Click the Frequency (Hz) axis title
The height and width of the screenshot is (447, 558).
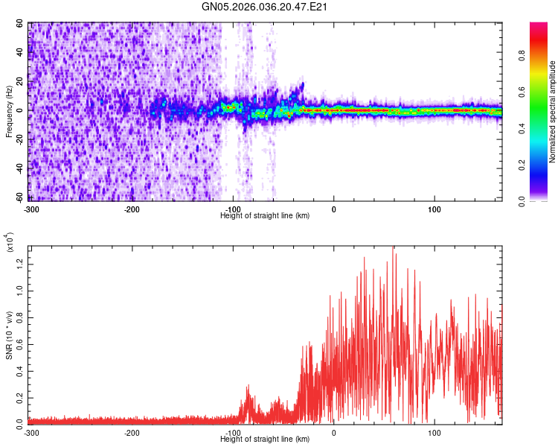[x=9, y=111]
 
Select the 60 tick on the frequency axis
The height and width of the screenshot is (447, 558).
[x=21, y=23]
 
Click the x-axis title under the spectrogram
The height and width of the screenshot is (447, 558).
[x=265, y=215]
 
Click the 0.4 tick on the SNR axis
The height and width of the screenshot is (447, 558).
[x=19, y=370]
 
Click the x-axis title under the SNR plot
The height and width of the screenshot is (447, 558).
[x=265, y=440]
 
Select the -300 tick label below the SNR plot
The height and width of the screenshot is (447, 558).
[x=31, y=432]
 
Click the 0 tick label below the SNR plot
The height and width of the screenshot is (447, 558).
[x=333, y=432]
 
